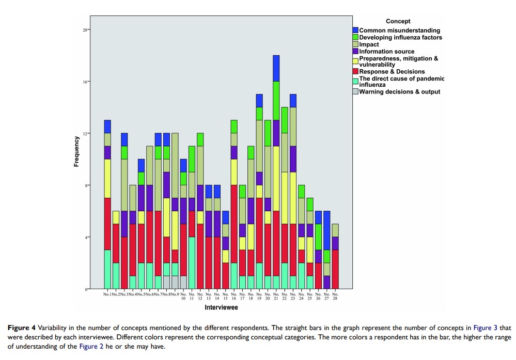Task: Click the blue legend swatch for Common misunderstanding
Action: [356, 30]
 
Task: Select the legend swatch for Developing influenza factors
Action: [356, 37]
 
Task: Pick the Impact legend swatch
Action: [356, 44]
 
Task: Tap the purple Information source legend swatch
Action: [356, 51]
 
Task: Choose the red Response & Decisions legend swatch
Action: [356, 72]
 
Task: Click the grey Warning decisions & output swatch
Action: [356, 92]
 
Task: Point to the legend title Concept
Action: [398, 21]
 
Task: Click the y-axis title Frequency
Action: [77, 151]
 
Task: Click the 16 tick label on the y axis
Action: [85, 82]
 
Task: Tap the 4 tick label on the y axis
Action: [86, 237]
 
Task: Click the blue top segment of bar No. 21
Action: [276, 68]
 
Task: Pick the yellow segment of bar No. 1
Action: [107, 178]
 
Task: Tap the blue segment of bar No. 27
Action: [326, 230]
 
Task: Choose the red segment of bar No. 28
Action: [335, 269]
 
